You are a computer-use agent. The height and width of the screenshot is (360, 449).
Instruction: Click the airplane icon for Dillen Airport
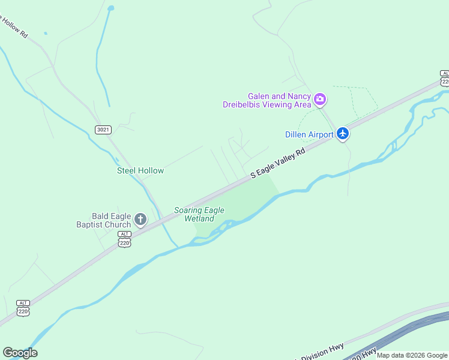343,133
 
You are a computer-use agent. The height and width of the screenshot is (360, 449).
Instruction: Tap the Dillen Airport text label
309,134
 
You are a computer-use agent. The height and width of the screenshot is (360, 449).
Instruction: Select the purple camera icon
320,99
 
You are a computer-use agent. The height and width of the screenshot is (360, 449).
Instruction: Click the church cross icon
140,219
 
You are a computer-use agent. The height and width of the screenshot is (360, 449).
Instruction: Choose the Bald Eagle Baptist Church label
103,220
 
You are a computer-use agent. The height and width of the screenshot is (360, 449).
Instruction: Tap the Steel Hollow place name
140,170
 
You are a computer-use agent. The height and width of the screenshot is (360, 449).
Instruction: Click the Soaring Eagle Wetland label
199,214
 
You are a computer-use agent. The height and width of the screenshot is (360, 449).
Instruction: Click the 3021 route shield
103,129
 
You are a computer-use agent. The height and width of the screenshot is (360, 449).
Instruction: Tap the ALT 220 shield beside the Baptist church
124,239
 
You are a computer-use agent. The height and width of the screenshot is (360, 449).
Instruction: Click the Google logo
20,353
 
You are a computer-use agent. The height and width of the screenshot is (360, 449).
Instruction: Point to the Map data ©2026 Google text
412,355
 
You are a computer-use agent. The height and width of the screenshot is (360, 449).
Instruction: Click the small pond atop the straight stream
110,8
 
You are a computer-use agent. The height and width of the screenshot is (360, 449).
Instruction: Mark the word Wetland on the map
199,218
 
